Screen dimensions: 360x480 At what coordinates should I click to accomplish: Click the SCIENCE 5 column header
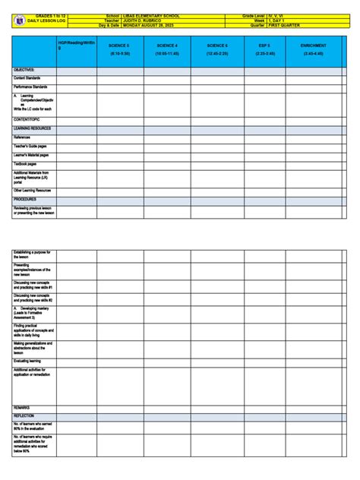click(119, 50)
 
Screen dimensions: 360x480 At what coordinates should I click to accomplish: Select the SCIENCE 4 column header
click(167, 50)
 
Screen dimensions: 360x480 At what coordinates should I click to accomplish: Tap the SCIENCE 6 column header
click(216, 50)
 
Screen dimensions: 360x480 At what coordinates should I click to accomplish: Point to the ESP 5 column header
click(266, 50)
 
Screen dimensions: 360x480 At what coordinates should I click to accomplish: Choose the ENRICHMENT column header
click(313, 50)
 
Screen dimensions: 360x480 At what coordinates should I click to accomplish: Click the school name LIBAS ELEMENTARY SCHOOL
click(152, 14)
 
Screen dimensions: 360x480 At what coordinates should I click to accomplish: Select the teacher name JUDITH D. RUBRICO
click(146, 20)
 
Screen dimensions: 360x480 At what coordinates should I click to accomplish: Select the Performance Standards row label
click(31, 87)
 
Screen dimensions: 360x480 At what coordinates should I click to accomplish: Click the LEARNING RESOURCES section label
click(32, 129)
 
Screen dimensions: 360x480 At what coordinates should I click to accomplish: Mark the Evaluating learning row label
click(30, 362)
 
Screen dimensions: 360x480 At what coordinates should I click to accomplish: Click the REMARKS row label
click(22, 408)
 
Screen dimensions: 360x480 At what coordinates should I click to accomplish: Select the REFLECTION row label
click(24, 416)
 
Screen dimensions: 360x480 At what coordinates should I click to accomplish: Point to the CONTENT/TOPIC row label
click(27, 120)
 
